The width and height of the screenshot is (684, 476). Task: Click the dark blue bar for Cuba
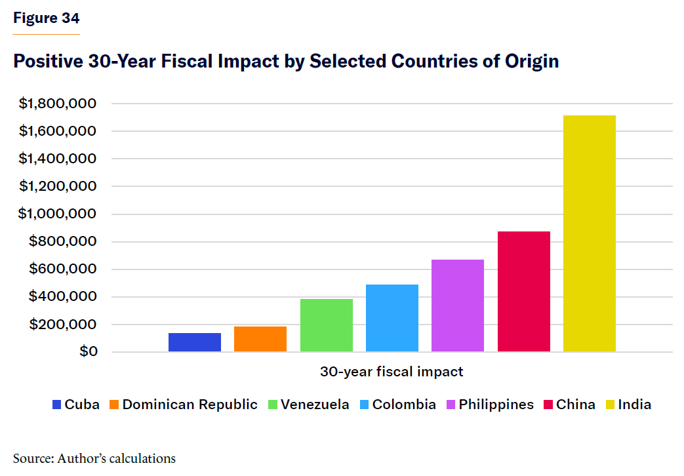pyautogui.click(x=195, y=342)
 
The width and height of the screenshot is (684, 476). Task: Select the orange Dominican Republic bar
pyautogui.click(x=260, y=339)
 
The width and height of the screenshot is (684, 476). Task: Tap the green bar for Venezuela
pyautogui.click(x=327, y=325)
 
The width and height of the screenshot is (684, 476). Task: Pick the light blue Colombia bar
pyautogui.click(x=392, y=318)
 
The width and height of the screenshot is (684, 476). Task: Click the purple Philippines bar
pyautogui.click(x=458, y=306)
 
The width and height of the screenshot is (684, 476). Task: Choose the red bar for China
pyautogui.click(x=524, y=292)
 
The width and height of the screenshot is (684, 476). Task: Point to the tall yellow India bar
pyautogui.click(x=590, y=233)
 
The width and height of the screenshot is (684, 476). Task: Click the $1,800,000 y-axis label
pyautogui.click(x=58, y=104)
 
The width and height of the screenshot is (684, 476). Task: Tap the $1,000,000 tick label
pyautogui.click(x=58, y=214)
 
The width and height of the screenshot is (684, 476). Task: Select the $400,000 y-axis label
pyautogui.click(x=64, y=297)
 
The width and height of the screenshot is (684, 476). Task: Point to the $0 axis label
pyautogui.click(x=89, y=352)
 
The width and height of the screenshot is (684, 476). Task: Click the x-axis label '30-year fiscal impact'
pyautogui.click(x=392, y=372)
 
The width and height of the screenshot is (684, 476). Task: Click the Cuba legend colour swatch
pyautogui.click(x=56, y=405)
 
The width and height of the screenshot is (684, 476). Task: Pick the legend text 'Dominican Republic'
pyautogui.click(x=190, y=405)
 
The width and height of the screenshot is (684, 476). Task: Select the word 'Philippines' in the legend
pyautogui.click(x=496, y=405)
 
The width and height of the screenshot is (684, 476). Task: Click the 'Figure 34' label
pyautogui.click(x=47, y=18)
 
